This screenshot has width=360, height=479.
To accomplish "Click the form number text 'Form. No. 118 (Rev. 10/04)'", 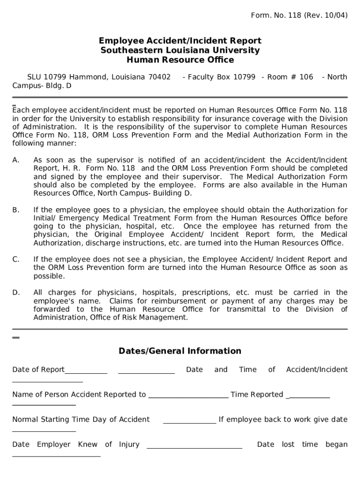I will pyautogui.click(x=299, y=15).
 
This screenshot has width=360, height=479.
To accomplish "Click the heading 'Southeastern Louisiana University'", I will pyautogui.click(x=180, y=51).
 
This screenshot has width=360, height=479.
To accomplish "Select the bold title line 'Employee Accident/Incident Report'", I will pyautogui.click(x=180, y=41).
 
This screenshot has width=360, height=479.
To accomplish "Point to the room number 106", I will pyautogui.click(x=306, y=77).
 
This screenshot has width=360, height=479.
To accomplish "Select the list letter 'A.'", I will pyautogui.click(x=16, y=160).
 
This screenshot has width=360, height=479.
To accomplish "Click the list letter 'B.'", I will pyautogui.click(x=16, y=210).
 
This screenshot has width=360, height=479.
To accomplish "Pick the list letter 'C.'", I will pyautogui.click(x=16, y=259).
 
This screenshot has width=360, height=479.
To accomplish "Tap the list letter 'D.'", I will pyautogui.click(x=16, y=292).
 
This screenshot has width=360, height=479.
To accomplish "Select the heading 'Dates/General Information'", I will pyautogui.click(x=180, y=351).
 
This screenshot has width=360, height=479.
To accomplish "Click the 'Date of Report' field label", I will pyautogui.click(x=38, y=370).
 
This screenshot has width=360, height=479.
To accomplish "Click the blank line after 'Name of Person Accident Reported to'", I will pyautogui.click(x=188, y=397).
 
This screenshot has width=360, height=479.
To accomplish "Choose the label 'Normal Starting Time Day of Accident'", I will pyautogui.click(x=81, y=419).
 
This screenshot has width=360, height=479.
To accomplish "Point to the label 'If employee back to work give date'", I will pyautogui.click(x=283, y=419).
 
